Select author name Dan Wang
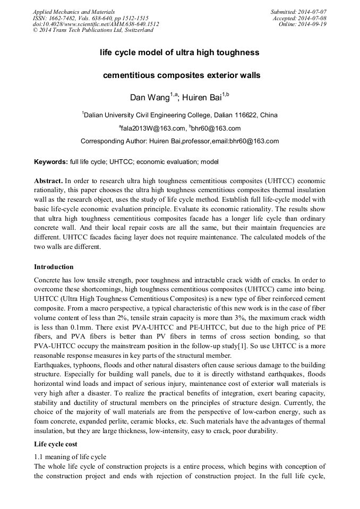150,98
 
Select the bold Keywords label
51,161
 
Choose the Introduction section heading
54,266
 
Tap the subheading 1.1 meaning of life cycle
70,456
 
